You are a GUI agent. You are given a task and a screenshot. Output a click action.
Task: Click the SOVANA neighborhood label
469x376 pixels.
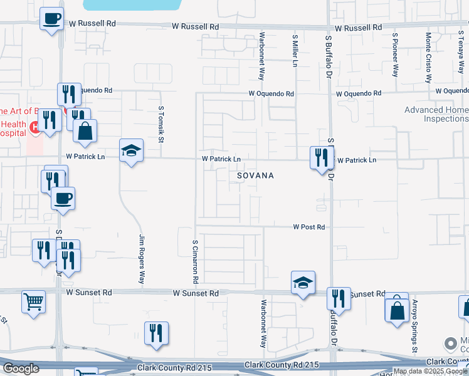pyautogui.click(x=255, y=176)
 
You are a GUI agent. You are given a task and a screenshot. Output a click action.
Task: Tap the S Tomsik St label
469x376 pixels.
pyautogui.click(x=161, y=125)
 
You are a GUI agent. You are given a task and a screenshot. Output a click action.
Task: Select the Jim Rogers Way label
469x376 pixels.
pyautogui.click(x=142, y=259)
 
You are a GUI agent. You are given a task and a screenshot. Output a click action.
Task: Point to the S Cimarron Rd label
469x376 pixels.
pyautogui.click(x=196, y=259)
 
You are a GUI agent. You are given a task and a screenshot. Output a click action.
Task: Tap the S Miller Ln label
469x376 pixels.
pyautogui.click(x=295, y=51)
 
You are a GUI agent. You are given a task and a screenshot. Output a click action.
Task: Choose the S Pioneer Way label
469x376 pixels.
pyautogui.click(x=395, y=55)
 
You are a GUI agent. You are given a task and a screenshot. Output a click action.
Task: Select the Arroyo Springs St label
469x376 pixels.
pyautogui.click(x=414, y=324)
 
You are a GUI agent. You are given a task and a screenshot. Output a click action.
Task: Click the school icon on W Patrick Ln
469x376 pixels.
pyautogui.click(x=131, y=150)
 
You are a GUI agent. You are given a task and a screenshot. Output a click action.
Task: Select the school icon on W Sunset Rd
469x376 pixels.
pyautogui.click(x=303, y=283)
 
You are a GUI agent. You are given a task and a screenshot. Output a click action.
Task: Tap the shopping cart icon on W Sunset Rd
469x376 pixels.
pyautogui.click(x=33, y=301)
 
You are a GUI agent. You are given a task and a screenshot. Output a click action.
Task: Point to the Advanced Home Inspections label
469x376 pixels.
pyautogui.click(x=436, y=114)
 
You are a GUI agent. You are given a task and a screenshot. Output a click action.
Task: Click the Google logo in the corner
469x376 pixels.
pyautogui.click(x=21, y=368)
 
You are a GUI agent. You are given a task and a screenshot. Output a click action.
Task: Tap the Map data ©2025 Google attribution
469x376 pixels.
pyautogui.click(x=430, y=371)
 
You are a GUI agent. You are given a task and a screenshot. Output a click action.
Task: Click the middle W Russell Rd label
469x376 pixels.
pyautogui.click(x=197, y=27)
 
